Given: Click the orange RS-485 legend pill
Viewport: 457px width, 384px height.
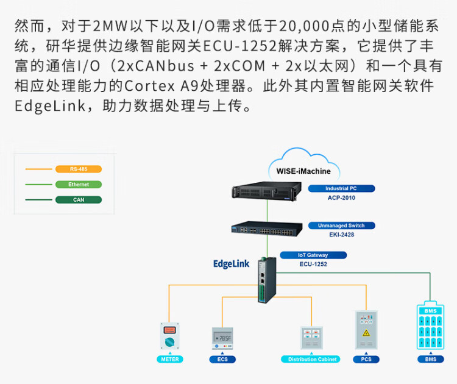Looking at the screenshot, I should point(78,169).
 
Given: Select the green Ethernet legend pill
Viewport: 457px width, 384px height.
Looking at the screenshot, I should point(78,184).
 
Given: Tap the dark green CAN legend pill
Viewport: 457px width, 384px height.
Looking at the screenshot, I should point(78,199).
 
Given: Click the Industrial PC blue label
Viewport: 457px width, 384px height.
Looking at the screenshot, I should point(341,189).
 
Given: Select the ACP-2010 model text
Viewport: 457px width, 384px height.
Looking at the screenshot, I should point(341,198).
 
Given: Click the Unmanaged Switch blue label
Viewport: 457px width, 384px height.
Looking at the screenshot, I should point(345,226).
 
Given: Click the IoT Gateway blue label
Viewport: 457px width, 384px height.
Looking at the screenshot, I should point(313,255).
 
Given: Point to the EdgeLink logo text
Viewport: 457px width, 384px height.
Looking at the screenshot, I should point(232,264).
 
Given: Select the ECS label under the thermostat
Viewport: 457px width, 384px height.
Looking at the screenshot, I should point(222,360).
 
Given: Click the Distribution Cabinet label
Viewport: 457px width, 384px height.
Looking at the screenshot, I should point(312,360).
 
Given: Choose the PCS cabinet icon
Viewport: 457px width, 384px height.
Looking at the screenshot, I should point(366,330).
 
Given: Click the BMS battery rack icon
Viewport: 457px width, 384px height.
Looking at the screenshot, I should point(431,327).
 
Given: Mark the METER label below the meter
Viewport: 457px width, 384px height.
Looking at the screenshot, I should point(170,360).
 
